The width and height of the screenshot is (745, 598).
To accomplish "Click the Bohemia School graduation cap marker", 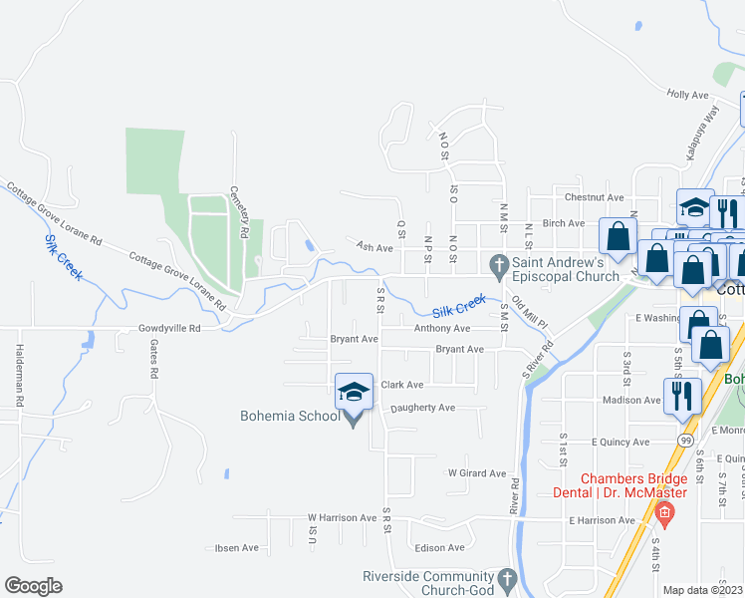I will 355,392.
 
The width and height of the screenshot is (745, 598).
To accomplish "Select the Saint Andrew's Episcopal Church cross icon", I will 497,265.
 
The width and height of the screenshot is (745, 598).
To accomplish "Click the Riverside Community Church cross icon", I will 506,579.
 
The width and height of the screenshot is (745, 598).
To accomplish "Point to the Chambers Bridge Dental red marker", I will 664,513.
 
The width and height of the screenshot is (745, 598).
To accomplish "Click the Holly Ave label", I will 687,95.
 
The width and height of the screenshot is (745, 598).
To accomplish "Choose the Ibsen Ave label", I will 237,548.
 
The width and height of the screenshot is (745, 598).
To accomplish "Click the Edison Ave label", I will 441,547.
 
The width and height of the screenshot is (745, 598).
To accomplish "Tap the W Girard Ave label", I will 476,473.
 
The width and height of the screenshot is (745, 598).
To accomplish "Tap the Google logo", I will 33,586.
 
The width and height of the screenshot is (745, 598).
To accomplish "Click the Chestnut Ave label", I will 594,197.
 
